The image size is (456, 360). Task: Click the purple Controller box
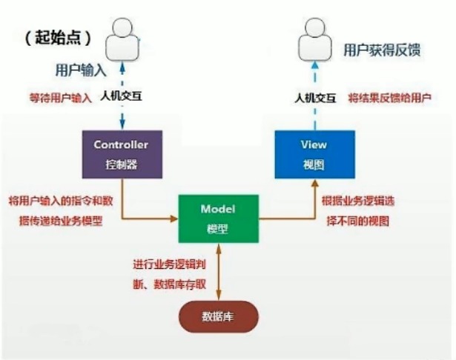click(x=122, y=153)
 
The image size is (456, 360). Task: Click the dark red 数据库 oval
click(x=217, y=316)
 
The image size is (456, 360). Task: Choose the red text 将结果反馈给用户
click(x=390, y=97)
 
